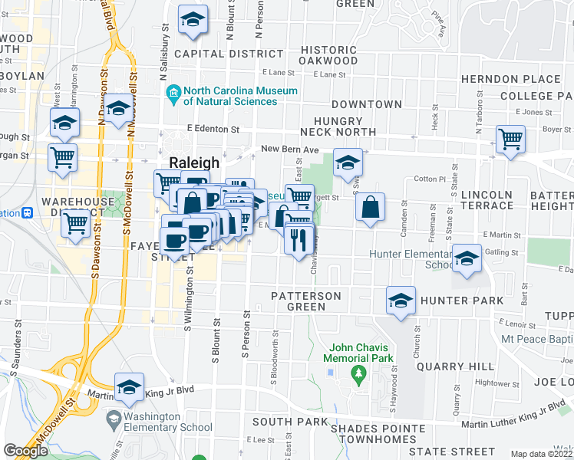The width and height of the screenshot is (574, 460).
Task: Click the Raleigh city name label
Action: click(x=193, y=163)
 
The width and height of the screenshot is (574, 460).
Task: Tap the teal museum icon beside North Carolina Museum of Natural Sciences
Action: click(x=173, y=96)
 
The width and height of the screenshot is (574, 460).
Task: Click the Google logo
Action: click(x=26, y=451)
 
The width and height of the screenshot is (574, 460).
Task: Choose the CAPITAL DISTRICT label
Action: click(x=229, y=54)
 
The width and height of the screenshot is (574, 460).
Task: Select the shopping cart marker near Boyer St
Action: click(x=510, y=140)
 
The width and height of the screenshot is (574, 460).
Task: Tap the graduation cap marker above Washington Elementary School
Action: click(x=129, y=388)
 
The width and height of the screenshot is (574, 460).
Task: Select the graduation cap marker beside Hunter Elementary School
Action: click(x=466, y=259)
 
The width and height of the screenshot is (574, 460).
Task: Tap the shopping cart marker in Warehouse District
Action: click(x=75, y=224)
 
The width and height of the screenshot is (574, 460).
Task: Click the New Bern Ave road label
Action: click(x=289, y=149)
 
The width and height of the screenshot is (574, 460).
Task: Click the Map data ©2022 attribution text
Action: click(x=542, y=454)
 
